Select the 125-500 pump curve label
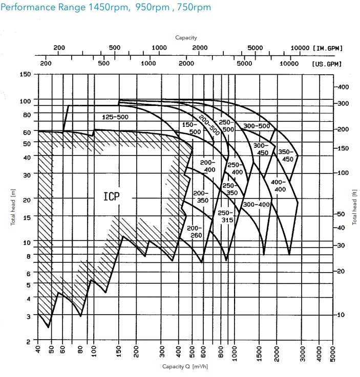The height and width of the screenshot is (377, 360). pyautogui.click(x=115, y=117)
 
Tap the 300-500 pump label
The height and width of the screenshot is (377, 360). pyautogui.click(x=257, y=126)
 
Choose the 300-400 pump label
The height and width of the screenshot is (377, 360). pyautogui.click(x=256, y=205)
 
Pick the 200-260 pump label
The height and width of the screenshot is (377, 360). pyautogui.click(x=195, y=231)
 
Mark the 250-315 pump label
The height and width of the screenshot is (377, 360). pyautogui.click(x=225, y=216)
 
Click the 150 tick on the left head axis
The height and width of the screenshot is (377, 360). pyautogui.click(x=25, y=75)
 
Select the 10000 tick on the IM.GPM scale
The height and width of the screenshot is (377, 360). pyautogui.click(x=298, y=48)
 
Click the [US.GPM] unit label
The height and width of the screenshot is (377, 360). pyautogui.click(x=327, y=64)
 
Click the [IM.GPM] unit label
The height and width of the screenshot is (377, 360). pyautogui.click(x=327, y=48)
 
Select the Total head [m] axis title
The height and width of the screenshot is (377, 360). pyautogui.click(x=13, y=207)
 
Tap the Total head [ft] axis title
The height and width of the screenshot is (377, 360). pyautogui.click(x=354, y=207)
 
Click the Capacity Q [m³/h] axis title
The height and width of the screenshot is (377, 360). pyautogui.click(x=185, y=366)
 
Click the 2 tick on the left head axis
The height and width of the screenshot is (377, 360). pyautogui.click(x=28, y=341)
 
